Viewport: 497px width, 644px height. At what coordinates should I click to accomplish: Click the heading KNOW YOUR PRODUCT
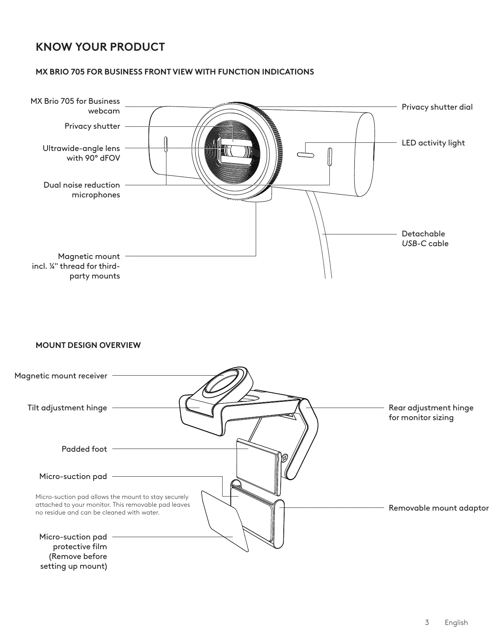[100, 47]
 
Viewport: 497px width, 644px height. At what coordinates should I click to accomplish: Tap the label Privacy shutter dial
[437, 107]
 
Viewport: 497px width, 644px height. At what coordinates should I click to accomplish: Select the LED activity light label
[433, 143]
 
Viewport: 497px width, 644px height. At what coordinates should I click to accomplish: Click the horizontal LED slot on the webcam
[305, 155]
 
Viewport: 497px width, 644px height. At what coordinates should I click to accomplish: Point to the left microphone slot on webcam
[166, 145]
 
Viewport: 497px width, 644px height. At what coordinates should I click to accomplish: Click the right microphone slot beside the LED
[330, 157]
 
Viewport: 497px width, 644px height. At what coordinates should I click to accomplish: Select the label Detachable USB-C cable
[425, 239]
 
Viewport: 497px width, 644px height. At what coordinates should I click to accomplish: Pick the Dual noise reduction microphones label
[82, 190]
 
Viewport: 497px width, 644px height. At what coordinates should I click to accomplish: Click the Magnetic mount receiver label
[61, 376]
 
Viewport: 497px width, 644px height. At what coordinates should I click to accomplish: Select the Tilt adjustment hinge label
[67, 408]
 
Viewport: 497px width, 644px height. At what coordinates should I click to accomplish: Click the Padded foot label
[84, 449]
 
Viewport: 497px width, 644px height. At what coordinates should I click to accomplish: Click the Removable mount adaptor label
[439, 508]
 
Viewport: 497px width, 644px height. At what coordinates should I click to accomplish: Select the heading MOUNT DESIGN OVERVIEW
[88, 345]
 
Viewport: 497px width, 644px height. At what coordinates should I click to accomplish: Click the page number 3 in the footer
[427, 623]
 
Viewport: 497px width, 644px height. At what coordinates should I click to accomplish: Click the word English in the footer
[456, 623]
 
